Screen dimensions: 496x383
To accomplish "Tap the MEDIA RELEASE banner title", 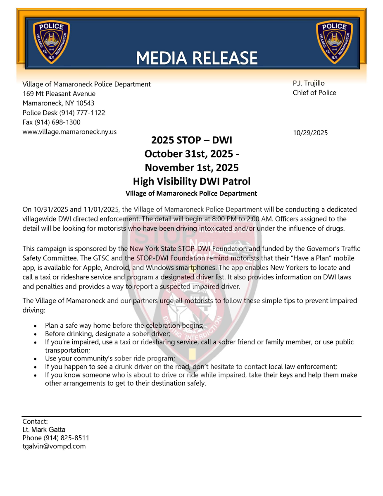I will (x=197, y=58).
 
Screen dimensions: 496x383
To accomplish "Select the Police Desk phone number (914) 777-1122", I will (x=82, y=113).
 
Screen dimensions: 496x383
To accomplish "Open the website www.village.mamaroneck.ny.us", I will (x=69, y=132).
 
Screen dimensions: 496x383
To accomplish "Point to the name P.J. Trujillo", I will (x=309, y=83).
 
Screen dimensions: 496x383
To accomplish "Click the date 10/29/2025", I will (x=310, y=133).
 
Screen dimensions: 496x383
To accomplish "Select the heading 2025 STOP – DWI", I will (x=192, y=141).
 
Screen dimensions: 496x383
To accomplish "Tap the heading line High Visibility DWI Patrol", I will (x=192, y=181).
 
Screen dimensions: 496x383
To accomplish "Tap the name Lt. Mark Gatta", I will (x=44, y=429).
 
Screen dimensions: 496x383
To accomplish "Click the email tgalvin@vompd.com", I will (x=54, y=446).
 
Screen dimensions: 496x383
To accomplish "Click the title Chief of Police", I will (x=314, y=93).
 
